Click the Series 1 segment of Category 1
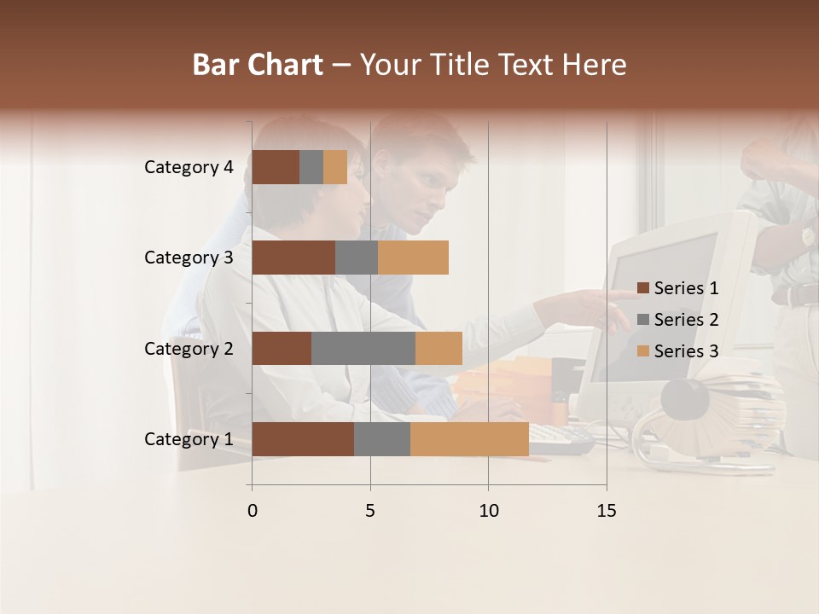(303, 439)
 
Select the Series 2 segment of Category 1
(382, 439)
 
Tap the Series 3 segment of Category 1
(469, 439)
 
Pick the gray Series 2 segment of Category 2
(363, 348)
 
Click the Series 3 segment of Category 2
(439, 348)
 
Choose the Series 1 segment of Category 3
(293, 258)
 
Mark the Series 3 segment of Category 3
(413, 258)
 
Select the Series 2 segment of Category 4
(311, 167)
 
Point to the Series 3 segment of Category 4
(335, 167)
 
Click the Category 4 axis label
(189, 167)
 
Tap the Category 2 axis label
(189, 348)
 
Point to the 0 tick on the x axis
(252, 511)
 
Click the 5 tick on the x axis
(370, 511)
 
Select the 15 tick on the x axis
(607, 511)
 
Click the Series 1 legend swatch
(643, 288)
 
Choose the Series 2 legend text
(686, 320)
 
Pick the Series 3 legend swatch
(643, 351)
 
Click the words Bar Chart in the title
(258, 65)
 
